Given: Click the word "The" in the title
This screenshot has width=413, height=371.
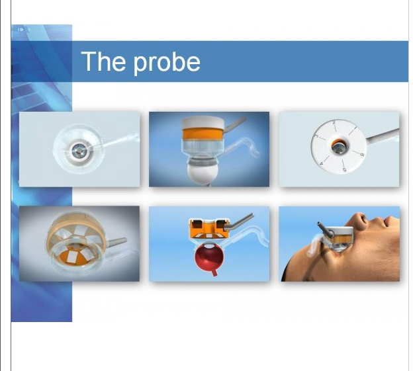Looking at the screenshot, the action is [x=103, y=62].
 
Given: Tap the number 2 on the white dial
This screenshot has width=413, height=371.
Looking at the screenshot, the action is [x=334, y=122].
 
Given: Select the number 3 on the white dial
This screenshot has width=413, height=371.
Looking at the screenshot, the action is [x=317, y=136].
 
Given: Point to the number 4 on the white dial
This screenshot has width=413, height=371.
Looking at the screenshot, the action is [x=322, y=163].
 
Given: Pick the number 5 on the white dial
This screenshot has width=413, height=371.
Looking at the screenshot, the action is [x=344, y=170].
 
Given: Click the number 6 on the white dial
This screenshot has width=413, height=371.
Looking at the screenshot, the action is [x=362, y=155].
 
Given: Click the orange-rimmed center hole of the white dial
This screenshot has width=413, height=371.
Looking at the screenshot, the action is [x=338, y=146].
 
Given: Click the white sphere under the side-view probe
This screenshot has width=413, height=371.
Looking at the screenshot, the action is [x=203, y=174].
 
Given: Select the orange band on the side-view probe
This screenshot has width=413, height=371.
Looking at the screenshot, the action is [x=203, y=133].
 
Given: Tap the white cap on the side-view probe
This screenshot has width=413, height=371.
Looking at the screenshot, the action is [x=203, y=122].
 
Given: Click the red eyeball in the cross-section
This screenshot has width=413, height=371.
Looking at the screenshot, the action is [x=209, y=257].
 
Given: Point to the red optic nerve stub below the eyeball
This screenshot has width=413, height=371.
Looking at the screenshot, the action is [x=214, y=272].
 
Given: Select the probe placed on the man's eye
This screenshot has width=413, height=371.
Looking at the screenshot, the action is [x=336, y=236].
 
